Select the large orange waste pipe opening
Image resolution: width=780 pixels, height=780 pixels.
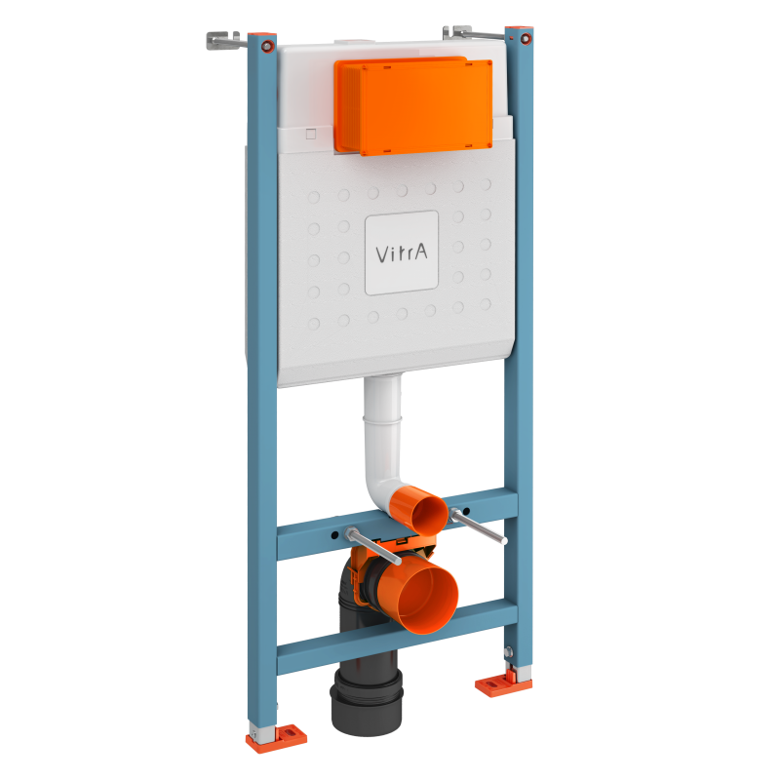425,596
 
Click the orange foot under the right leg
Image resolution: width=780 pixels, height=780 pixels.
503,683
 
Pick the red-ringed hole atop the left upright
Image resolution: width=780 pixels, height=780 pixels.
263,45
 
